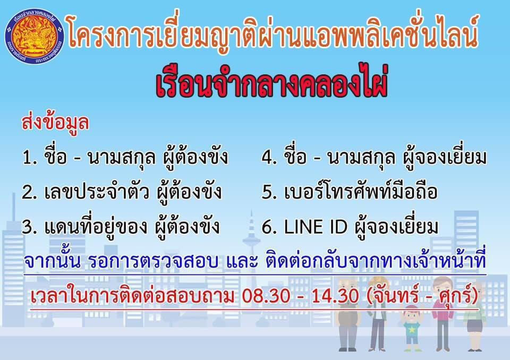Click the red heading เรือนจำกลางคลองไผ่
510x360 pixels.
tap(271, 83)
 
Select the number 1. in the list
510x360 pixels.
tap(30, 158)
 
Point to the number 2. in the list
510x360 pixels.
tap(29, 192)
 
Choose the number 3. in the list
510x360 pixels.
tap(29, 227)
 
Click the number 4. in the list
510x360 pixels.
tap(269, 158)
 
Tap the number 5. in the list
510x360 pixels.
tap(269, 192)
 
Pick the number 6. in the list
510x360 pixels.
tap(269, 227)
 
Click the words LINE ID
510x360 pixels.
tap(316, 227)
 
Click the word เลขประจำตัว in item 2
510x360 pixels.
tap(97, 191)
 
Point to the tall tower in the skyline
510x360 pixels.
tap(251, 234)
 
